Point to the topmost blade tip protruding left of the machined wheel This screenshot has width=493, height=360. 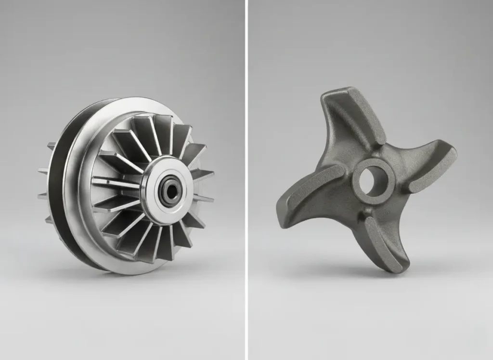[x=51, y=145]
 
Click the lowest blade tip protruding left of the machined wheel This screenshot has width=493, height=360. [x=49, y=219]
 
